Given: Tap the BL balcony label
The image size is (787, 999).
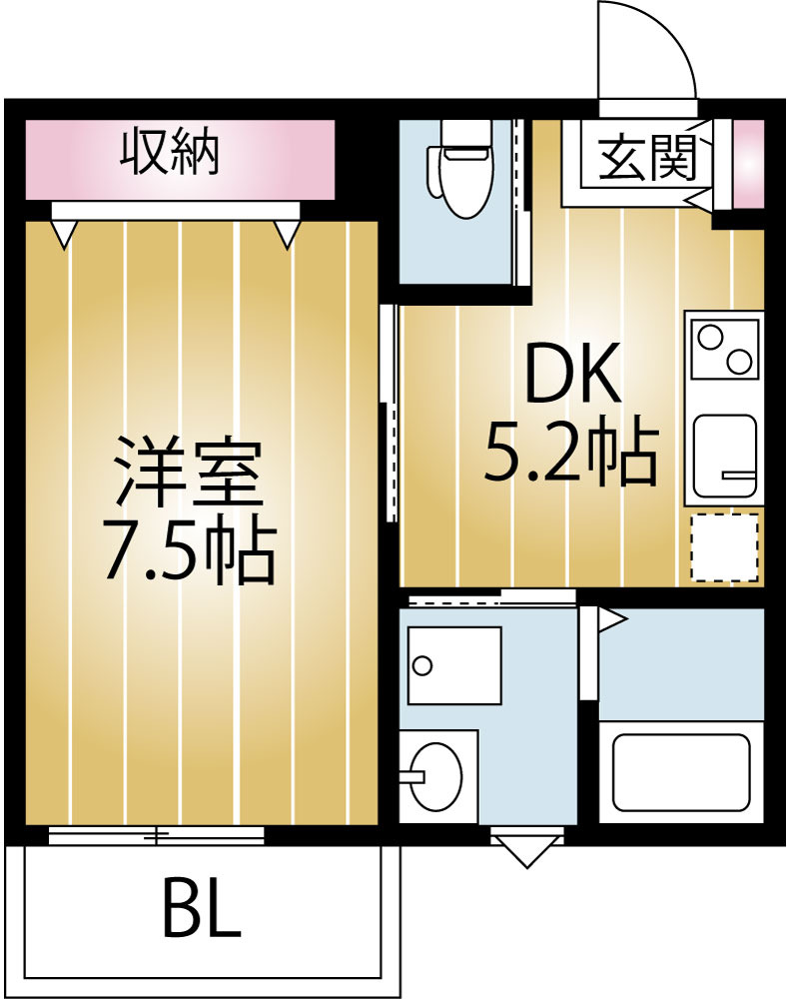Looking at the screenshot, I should [x=201, y=907].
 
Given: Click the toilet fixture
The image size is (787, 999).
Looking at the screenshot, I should [x=460, y=170].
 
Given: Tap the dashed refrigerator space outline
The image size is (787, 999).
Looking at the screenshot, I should [x=725, y=546].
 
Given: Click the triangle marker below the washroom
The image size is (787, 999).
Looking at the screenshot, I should [x=526, y=851].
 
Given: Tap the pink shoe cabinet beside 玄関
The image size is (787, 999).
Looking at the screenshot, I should [x=748, y=163].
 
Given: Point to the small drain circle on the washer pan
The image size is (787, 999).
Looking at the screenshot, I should [x=422, y=665].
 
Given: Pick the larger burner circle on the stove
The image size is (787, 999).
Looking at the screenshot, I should [x=711, y=336].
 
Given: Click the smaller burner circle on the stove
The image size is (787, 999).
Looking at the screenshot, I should [x=740, y=360].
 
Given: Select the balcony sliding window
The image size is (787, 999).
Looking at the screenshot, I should [x=157, y=834].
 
